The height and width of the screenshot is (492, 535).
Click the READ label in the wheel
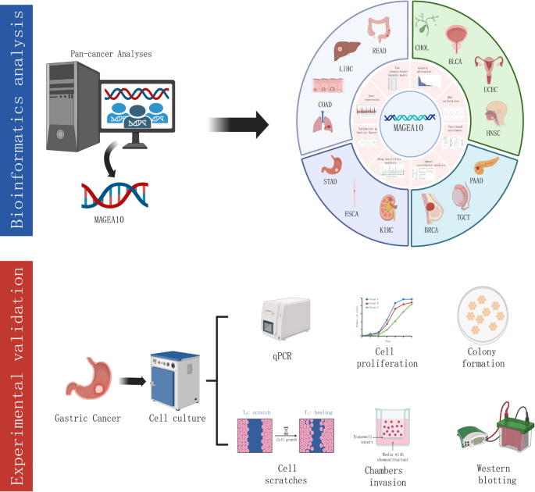tap(379, 51)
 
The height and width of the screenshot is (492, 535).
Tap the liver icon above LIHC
tap(341, 49)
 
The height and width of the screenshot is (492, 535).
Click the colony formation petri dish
tap(490, 317)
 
